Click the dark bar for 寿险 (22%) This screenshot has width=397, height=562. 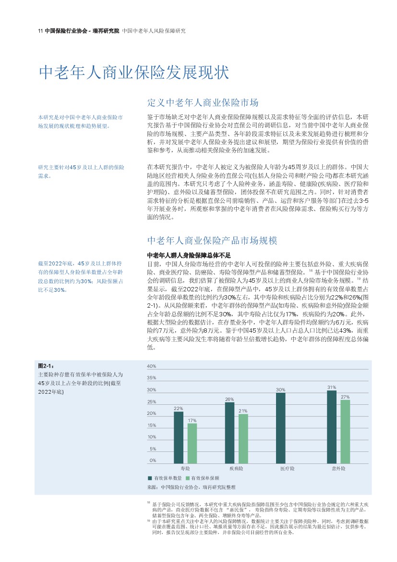(x=179, y=437)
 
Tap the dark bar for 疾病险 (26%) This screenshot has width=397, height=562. (x=229, y=433)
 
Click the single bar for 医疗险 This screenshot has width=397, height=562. (x=280, y=428)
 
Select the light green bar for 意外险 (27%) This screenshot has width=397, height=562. (x=345, y=432)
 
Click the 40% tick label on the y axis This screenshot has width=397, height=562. (x=152, y=366)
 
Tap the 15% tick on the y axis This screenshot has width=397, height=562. (x=152, y=425)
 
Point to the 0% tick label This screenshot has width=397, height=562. (x=153, y=461)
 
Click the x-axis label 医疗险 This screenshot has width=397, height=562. (x=287, y=468)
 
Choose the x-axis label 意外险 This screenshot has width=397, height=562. (x=338, y=468)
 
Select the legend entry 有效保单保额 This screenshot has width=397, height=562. (x=205, y=478)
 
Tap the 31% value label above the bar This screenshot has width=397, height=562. (x=331, y=387)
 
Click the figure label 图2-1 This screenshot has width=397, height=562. (x=46, y=366)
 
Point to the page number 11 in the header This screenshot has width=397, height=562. (x=40, y=31)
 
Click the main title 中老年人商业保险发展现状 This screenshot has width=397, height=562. (x=134, y=73)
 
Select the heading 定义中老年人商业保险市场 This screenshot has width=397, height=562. (x=203, y=103)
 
